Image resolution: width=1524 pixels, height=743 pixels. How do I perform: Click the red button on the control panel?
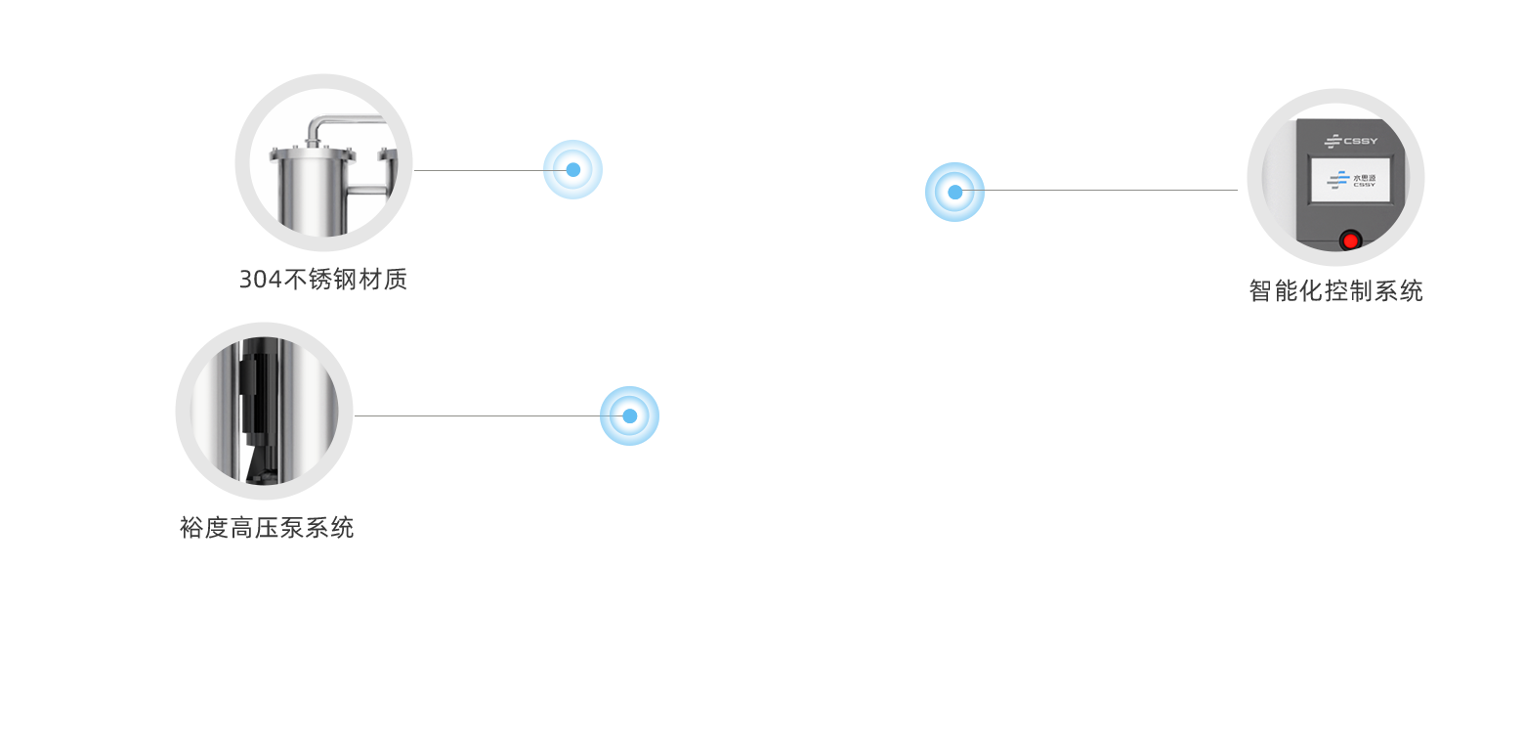(x=1351, y=240)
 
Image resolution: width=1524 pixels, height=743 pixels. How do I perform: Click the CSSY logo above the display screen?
(x=1351, y=141)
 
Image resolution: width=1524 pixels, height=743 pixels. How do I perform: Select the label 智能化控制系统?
(x=1336, y=290)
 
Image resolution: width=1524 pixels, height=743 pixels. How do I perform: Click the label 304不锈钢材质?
(x=322, y=280)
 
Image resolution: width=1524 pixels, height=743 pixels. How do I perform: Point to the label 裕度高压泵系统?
(x=267, y=528)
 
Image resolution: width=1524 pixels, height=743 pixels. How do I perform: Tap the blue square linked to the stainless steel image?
(x=572, y=169)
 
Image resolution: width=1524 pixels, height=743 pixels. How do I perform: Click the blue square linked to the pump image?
(x=629, y=415)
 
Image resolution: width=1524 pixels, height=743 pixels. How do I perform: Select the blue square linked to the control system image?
(x=954, y=192)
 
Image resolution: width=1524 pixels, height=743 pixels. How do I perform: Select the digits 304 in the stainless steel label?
(x=260, y=280)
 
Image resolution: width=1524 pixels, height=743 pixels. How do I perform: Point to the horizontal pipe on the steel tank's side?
(x=366, y=190)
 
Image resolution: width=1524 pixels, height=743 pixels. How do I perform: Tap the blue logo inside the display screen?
(x=1337, y=180)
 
